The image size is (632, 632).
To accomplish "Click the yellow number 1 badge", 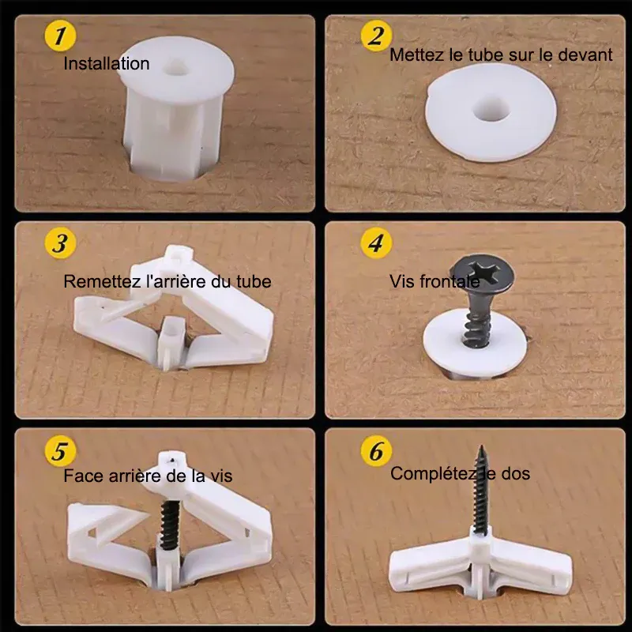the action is tap(60, 36).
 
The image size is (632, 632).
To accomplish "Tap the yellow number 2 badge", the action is tap(377, 36).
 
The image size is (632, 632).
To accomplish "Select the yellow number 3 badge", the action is tap(60, 243).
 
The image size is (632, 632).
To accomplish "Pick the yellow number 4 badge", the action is tap(377, 243).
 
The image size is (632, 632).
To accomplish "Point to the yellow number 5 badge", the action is tap(60, 450).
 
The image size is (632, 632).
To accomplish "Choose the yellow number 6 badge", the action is tap(377, 450).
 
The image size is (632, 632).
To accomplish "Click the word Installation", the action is tap(107, 64).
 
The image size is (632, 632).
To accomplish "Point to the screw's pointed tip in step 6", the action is tap(481, 446).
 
